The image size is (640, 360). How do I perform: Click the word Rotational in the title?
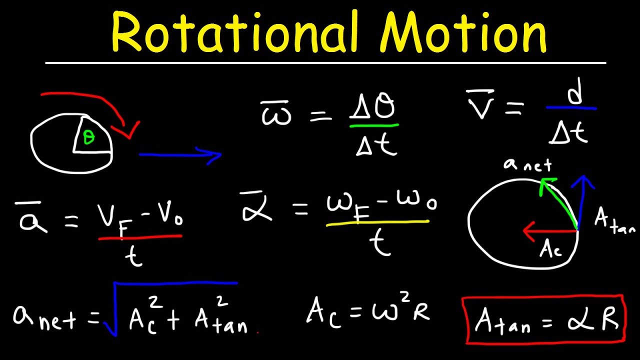235,34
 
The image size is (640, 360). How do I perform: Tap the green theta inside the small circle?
89,138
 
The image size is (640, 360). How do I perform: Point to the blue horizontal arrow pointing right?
180,155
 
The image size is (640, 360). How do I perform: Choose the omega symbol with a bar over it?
276,114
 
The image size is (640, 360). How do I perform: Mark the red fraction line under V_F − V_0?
140,237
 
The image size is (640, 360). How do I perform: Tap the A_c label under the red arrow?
550,249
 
